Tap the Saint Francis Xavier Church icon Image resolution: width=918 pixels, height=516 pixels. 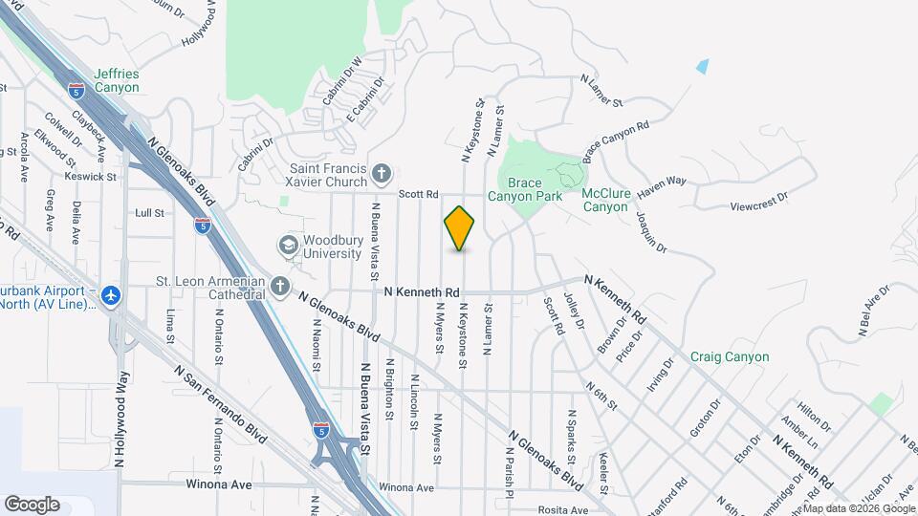(x=382, y=173)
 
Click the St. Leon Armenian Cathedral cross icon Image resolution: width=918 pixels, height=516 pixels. (x=280, y=286)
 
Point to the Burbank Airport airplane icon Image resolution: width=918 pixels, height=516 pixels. (x=112, y=296)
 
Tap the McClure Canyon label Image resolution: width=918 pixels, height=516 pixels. (x=606, y=200)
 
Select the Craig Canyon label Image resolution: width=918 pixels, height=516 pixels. (x=730, y=357)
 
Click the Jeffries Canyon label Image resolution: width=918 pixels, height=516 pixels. (x=117, y=80)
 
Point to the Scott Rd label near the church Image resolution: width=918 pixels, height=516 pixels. (x=418, y=193)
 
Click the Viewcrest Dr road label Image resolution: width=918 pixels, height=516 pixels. (x=757, y=196)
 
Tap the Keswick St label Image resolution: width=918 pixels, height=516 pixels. (x=91, y=176)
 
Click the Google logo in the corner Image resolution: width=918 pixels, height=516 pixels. (x=32, y=504)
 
